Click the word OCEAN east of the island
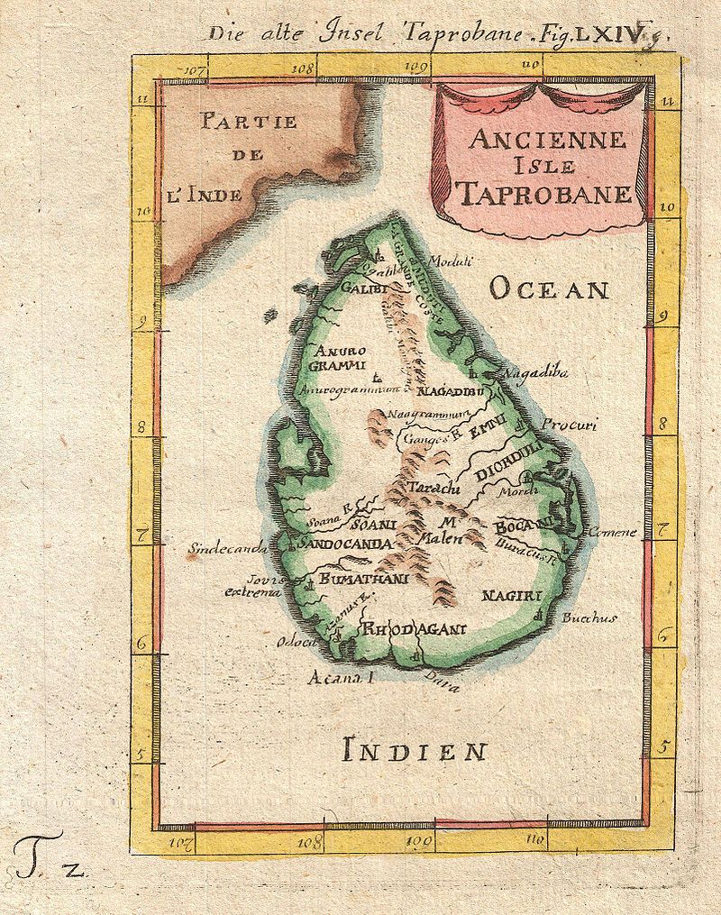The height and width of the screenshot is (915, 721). click(550, 289)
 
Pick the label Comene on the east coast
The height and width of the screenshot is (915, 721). click(612, 532)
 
